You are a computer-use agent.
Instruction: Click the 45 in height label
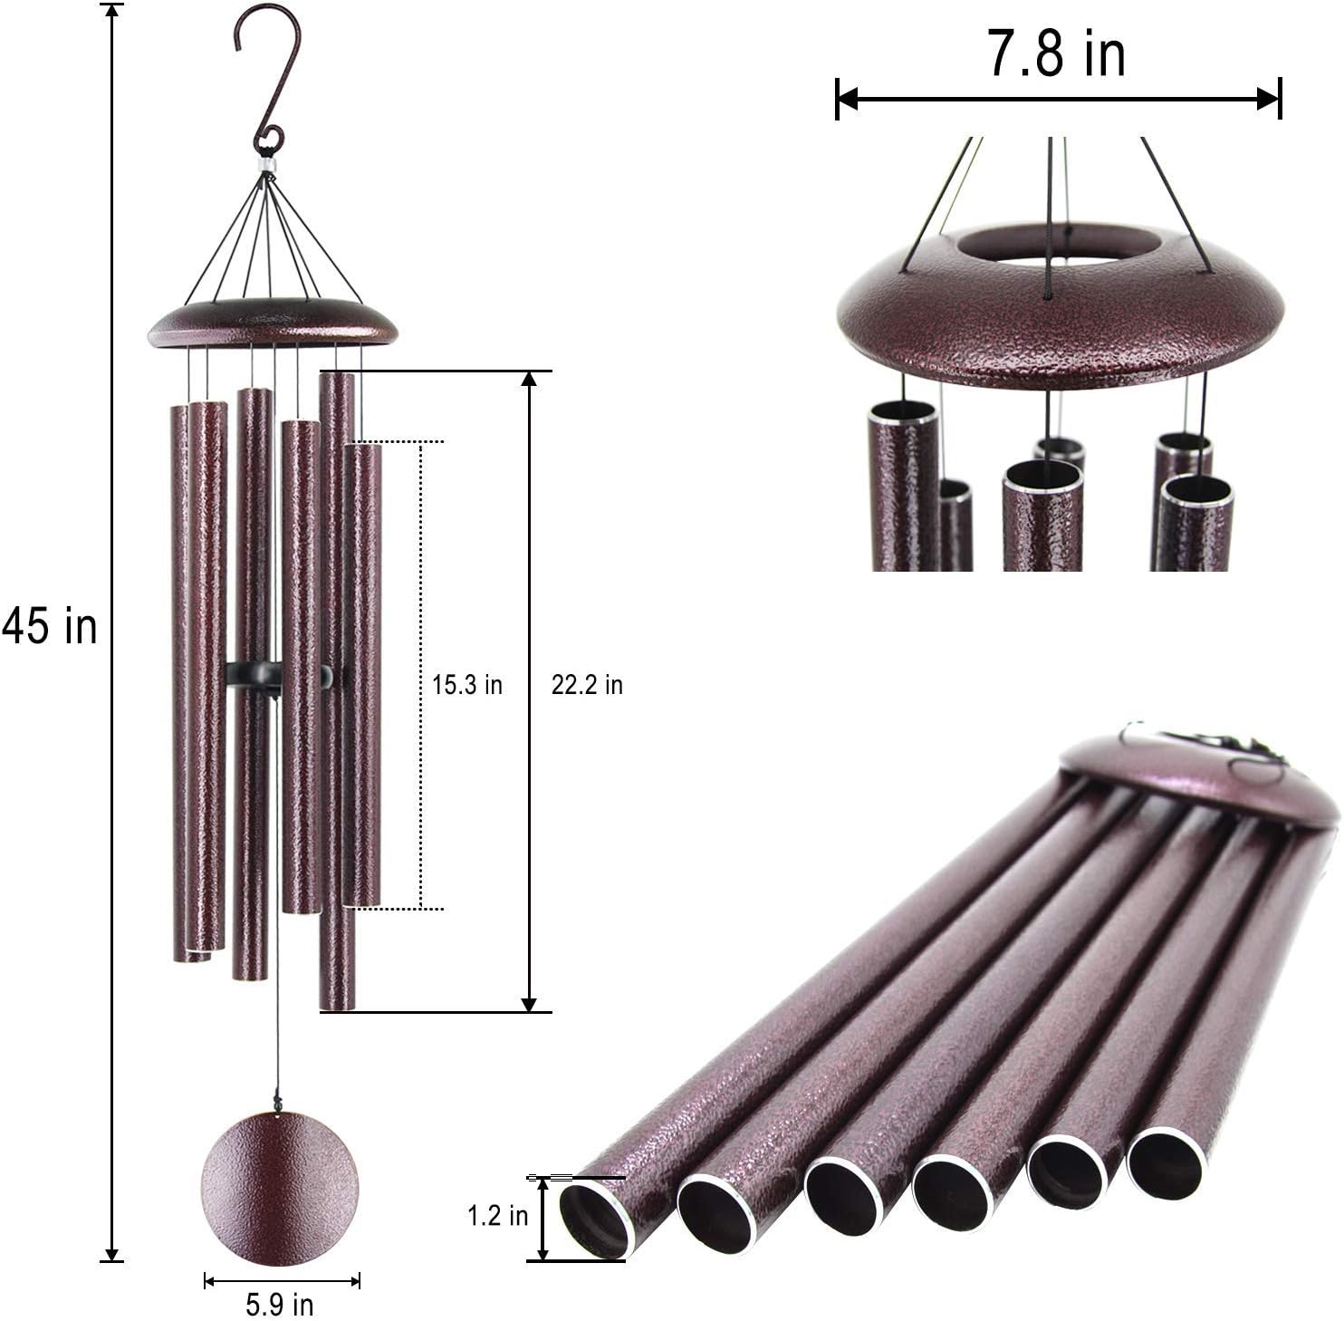[x=49, y=626]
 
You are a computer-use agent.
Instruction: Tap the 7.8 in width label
[x=1056, y=54]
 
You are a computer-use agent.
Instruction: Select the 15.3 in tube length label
[x=466, y=685]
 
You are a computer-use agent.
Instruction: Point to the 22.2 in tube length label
[x=587, y=685]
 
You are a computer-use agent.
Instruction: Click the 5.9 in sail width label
[x=279, y=1305]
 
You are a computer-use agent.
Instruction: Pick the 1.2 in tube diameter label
[x=497, y=1215]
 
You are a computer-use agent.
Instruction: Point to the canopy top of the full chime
[x=273, y=323]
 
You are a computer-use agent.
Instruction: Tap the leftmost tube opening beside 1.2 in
[x=594, y=1220]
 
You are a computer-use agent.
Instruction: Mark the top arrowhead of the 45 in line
[x=111, y=11]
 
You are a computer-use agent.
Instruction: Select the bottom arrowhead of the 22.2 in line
[x=530, y=1004]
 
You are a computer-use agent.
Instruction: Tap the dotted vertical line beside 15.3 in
[x=421, y=675]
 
